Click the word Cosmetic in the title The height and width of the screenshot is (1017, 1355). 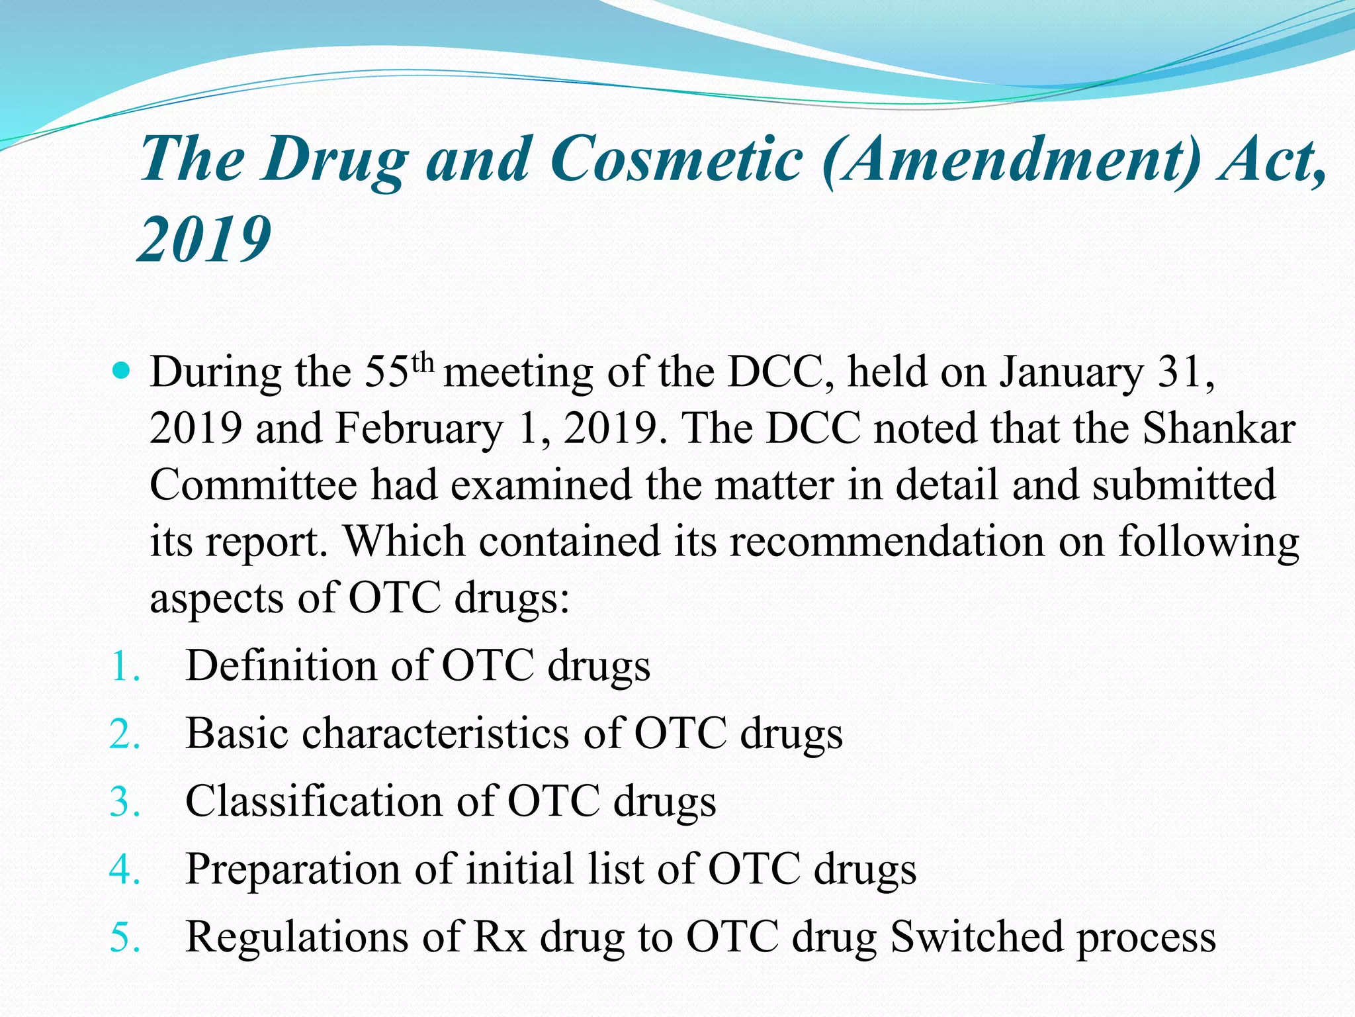[676, 159]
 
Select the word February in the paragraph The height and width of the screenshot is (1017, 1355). [419, 428]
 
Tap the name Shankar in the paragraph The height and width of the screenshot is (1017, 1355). [1219, 428]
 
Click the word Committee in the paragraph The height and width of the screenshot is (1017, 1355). [253, 485]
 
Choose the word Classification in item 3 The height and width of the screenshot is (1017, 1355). [314, 801]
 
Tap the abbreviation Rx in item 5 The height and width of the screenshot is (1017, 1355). [500, 937]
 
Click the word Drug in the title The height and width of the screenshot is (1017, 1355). [335, 159]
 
